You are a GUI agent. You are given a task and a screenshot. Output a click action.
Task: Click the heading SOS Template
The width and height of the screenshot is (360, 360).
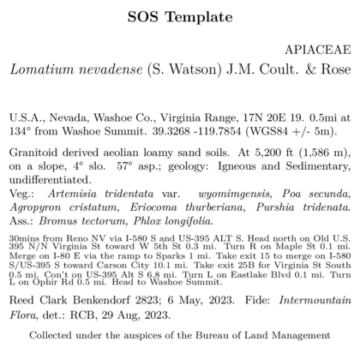coord(179,16)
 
